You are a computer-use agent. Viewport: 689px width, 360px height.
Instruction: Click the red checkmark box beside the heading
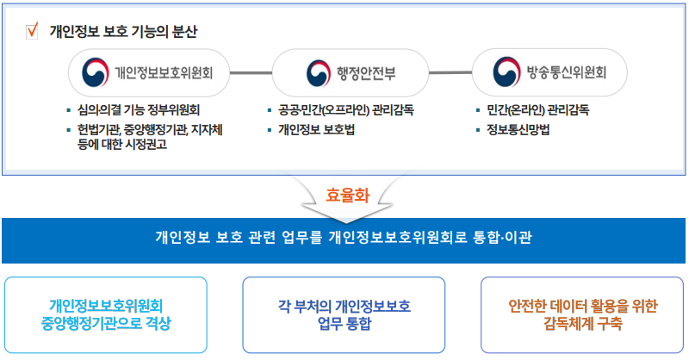tap(33, 32)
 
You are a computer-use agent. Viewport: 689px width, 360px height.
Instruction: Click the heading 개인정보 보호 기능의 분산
tap(123, 33)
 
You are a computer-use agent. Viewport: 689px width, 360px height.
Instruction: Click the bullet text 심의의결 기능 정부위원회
tap(139, 110)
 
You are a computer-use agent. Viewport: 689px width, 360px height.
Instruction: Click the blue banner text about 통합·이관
tap(343, 235)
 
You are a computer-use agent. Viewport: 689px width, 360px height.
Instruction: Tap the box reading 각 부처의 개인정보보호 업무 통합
tap(344, 314)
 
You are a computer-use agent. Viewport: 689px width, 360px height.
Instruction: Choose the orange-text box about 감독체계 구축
tap(583, 314)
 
